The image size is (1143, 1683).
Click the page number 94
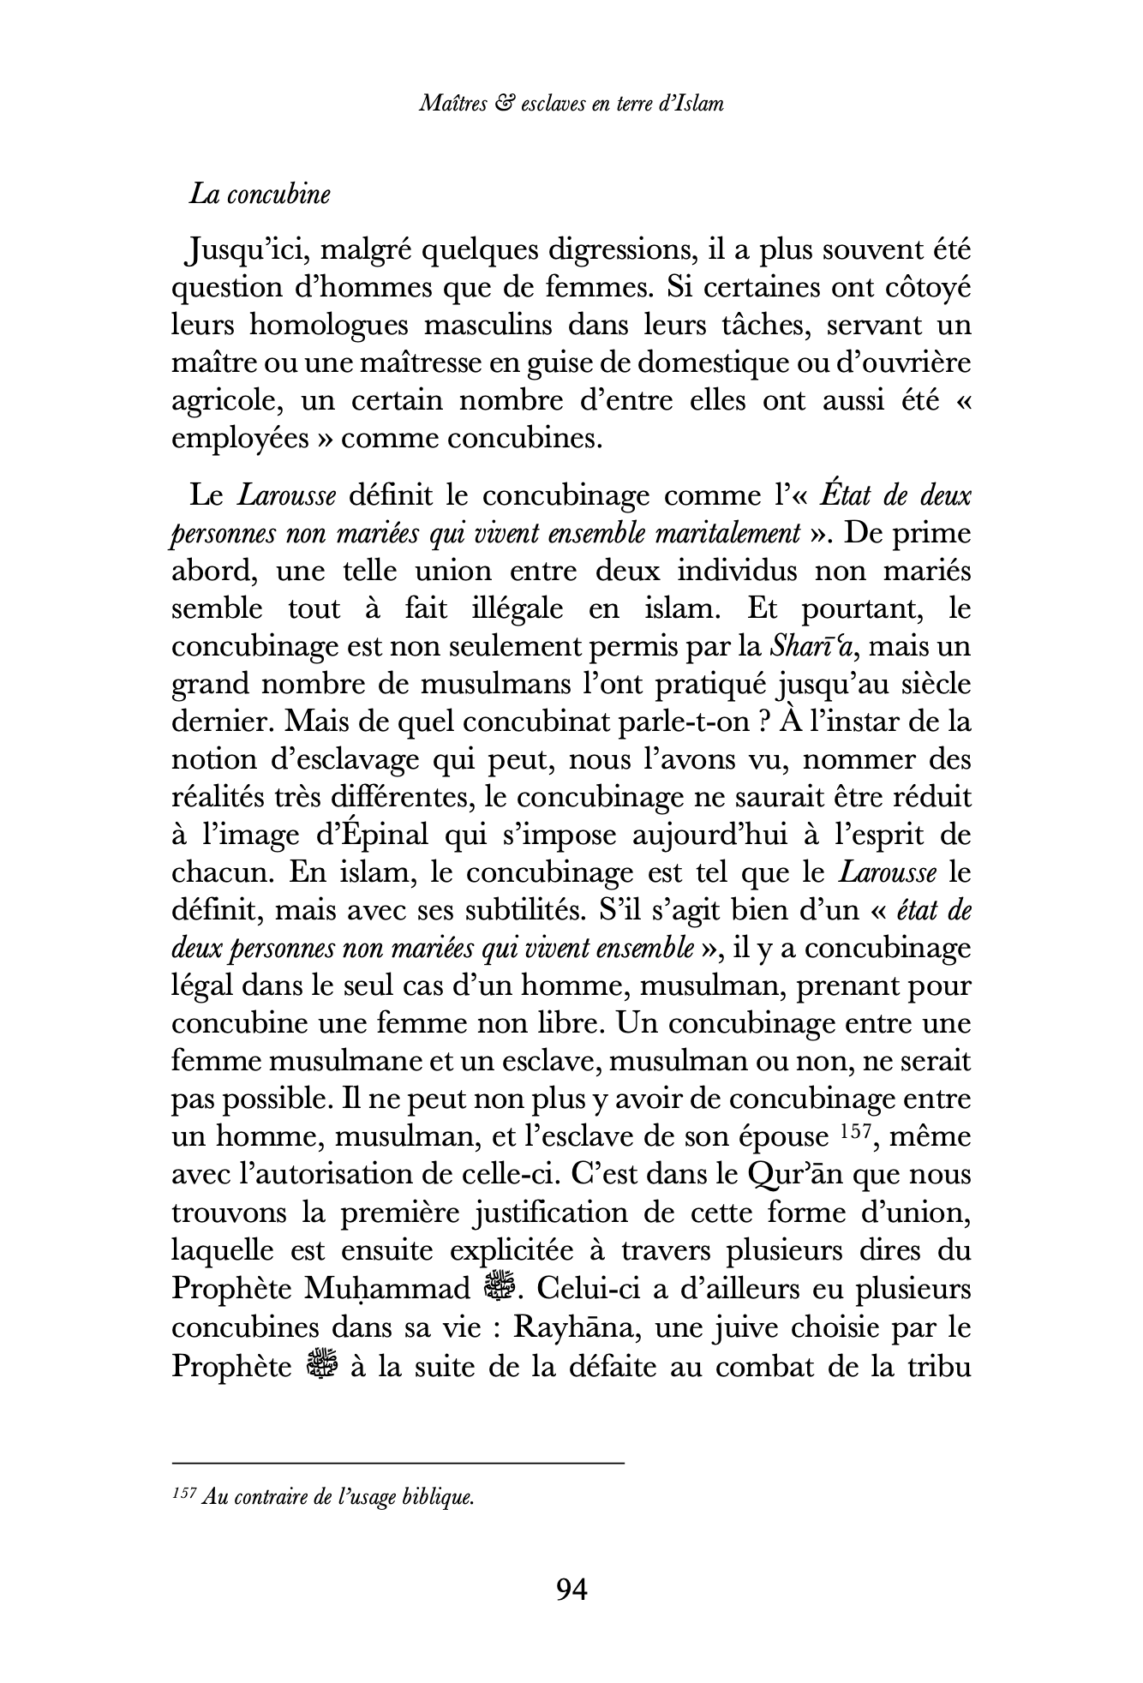coord(571,1590)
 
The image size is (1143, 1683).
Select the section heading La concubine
coord(260,195)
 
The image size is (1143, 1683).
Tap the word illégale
coord(506,609)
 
